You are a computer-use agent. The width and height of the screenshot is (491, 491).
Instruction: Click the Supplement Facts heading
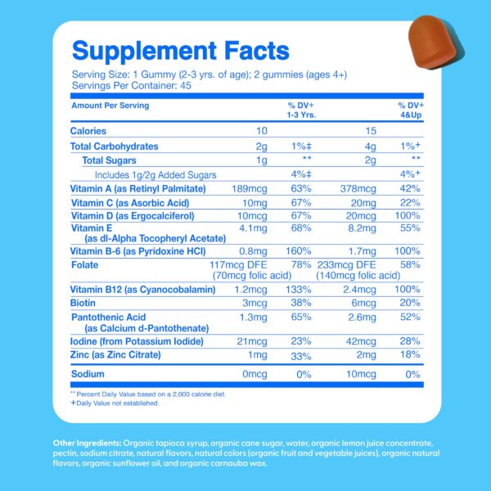180,52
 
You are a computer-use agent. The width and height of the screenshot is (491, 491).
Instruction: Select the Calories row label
88,131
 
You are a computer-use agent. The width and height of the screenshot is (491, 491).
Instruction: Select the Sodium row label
87,374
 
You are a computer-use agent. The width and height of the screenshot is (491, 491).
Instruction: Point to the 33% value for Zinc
302,356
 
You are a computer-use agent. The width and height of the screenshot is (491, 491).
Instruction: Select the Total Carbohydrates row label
115,146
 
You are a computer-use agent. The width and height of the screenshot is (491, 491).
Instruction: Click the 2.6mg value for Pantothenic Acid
360,316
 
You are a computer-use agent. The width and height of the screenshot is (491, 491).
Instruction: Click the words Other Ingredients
88,442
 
